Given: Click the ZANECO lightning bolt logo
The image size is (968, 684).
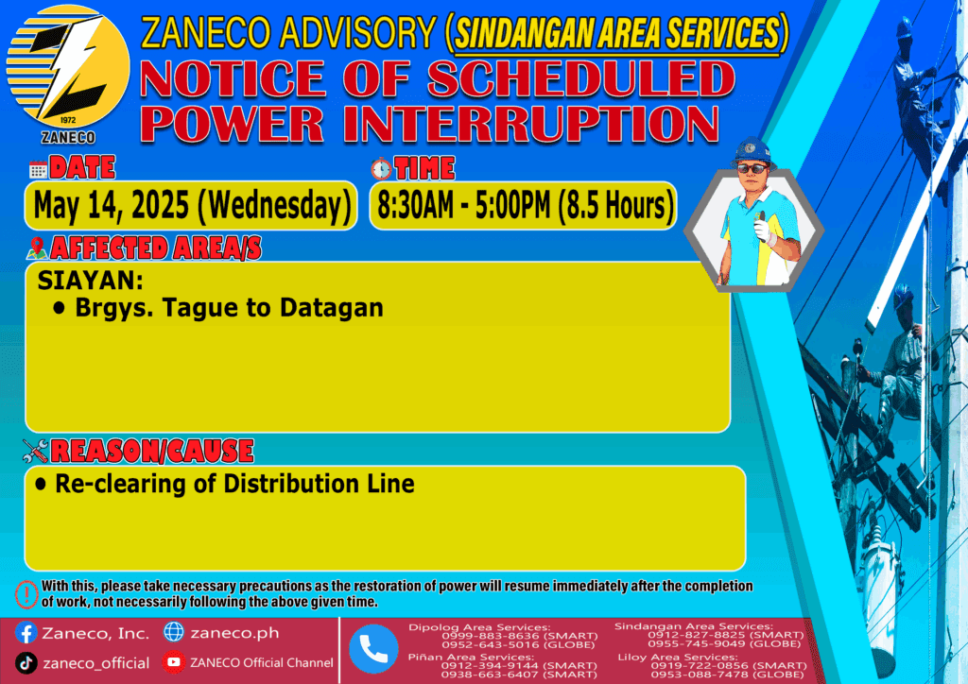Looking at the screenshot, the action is click(x=68, y=68).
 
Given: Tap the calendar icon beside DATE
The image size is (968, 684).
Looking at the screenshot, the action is click(x=38, y=170).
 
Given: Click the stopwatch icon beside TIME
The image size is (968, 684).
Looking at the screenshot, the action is click(x=381, y=168).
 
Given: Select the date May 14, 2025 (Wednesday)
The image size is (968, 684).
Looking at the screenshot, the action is click(x=192, y=205).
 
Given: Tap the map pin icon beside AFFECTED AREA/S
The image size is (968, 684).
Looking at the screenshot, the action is click(x=37, y=248).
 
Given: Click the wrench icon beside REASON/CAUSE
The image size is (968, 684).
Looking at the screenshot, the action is click(x=35, y=451).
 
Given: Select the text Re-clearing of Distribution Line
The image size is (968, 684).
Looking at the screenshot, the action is click(x=234, y=484).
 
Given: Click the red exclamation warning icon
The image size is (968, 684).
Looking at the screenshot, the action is click(x=26, y=594).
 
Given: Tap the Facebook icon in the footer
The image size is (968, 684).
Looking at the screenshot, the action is click(x=26, y=633).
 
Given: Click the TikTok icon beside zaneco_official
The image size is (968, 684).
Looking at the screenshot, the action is click(x=26, y=663).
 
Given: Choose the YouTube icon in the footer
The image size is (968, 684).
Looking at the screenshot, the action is click(x=174, y=661).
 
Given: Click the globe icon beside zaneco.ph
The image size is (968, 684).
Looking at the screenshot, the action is click(x=174, y=632).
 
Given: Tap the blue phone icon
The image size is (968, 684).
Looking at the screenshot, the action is click(x=373, y=649).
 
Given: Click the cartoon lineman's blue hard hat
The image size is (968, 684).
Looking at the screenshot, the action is click(x=752, y=150).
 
